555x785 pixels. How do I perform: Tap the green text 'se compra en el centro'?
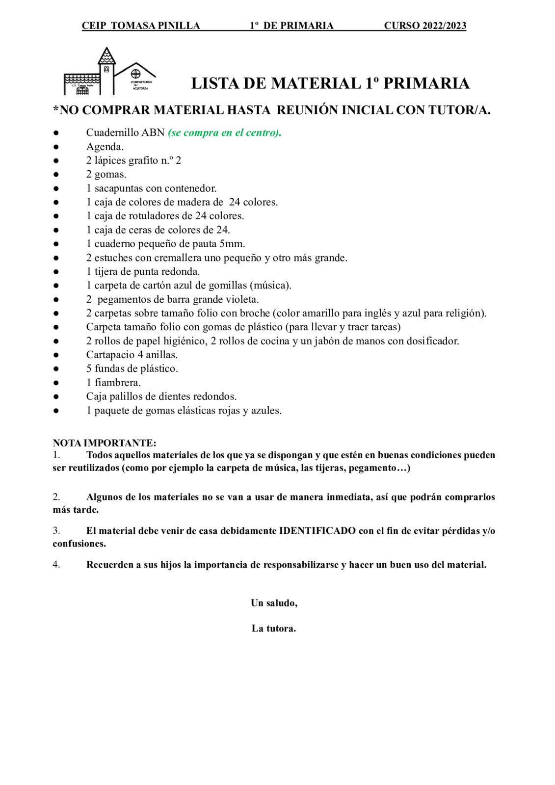(224, 132)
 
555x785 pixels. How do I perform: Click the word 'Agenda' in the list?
(104, 147)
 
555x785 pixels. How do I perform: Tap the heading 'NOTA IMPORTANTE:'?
(105, 443)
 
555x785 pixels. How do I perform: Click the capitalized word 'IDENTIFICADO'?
(317, 531)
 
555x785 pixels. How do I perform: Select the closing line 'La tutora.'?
(274, 628)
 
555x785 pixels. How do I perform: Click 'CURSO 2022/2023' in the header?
(425, 26)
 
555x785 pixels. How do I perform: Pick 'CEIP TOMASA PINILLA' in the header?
(141, 26)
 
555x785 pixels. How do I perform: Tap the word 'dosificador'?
(432, 341)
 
